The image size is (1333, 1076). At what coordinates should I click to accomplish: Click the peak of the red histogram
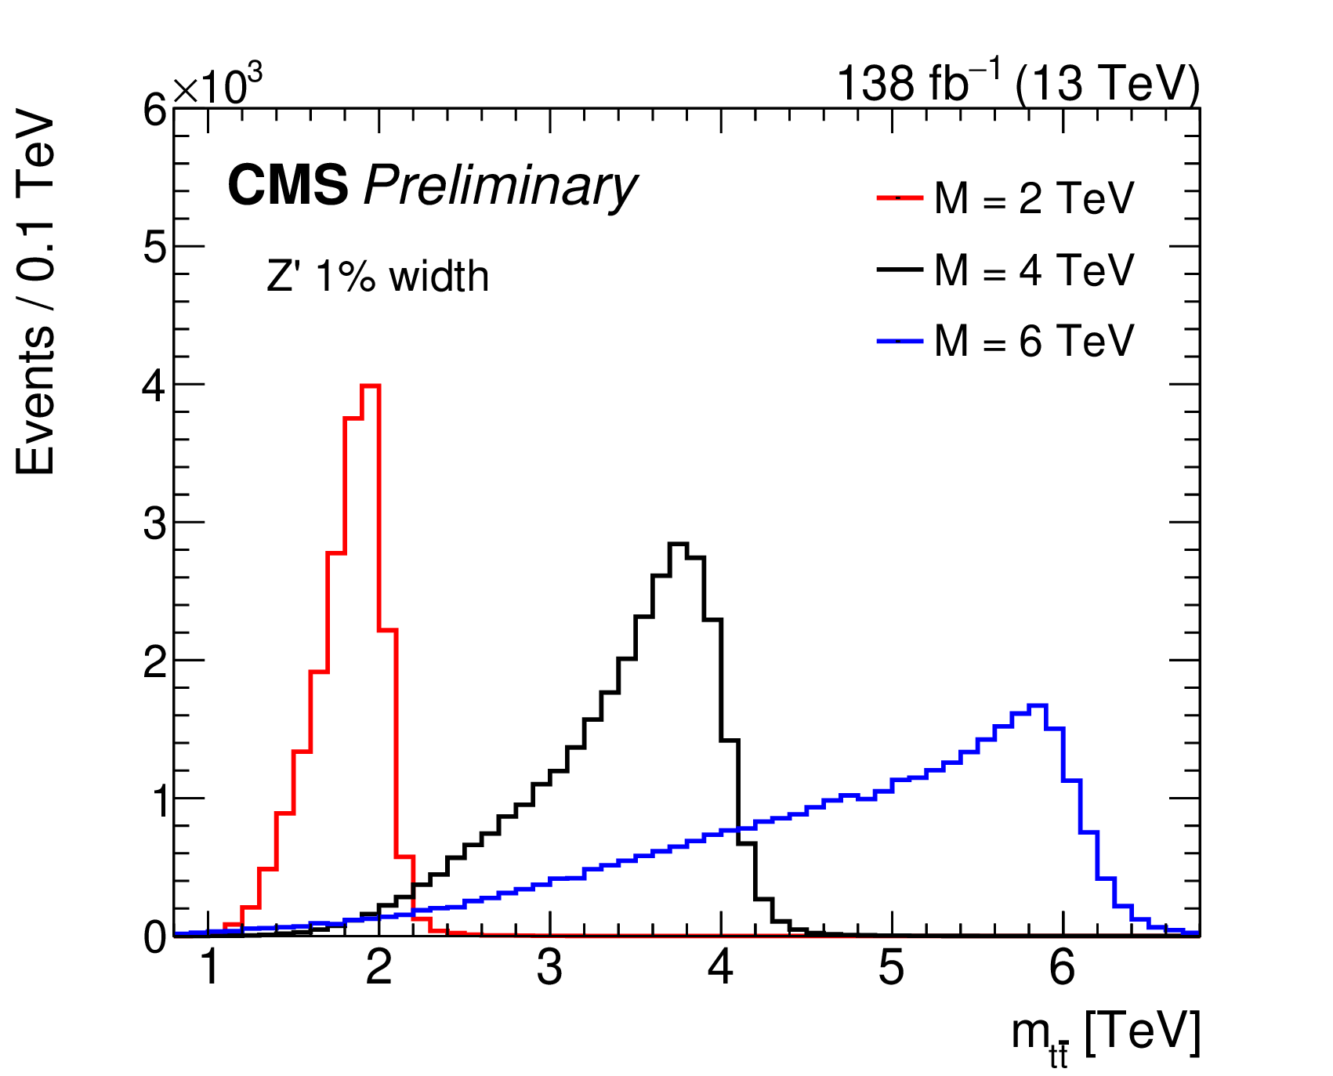371,386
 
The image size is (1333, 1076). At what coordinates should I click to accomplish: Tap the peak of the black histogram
679,544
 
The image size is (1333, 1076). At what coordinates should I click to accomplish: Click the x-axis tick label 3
549,969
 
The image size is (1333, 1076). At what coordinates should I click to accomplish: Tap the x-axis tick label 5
891,969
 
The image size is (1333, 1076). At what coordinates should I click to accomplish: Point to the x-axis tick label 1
208,969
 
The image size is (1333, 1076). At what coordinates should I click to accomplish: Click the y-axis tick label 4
154,386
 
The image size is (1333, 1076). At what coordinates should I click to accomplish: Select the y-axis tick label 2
154,661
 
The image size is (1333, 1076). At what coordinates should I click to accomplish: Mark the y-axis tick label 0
154,937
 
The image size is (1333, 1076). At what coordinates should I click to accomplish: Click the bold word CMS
288,187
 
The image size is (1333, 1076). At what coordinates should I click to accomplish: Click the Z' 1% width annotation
378,277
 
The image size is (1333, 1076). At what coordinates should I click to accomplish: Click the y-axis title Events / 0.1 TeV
36,292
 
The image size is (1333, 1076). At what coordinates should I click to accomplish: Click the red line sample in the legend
899,198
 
